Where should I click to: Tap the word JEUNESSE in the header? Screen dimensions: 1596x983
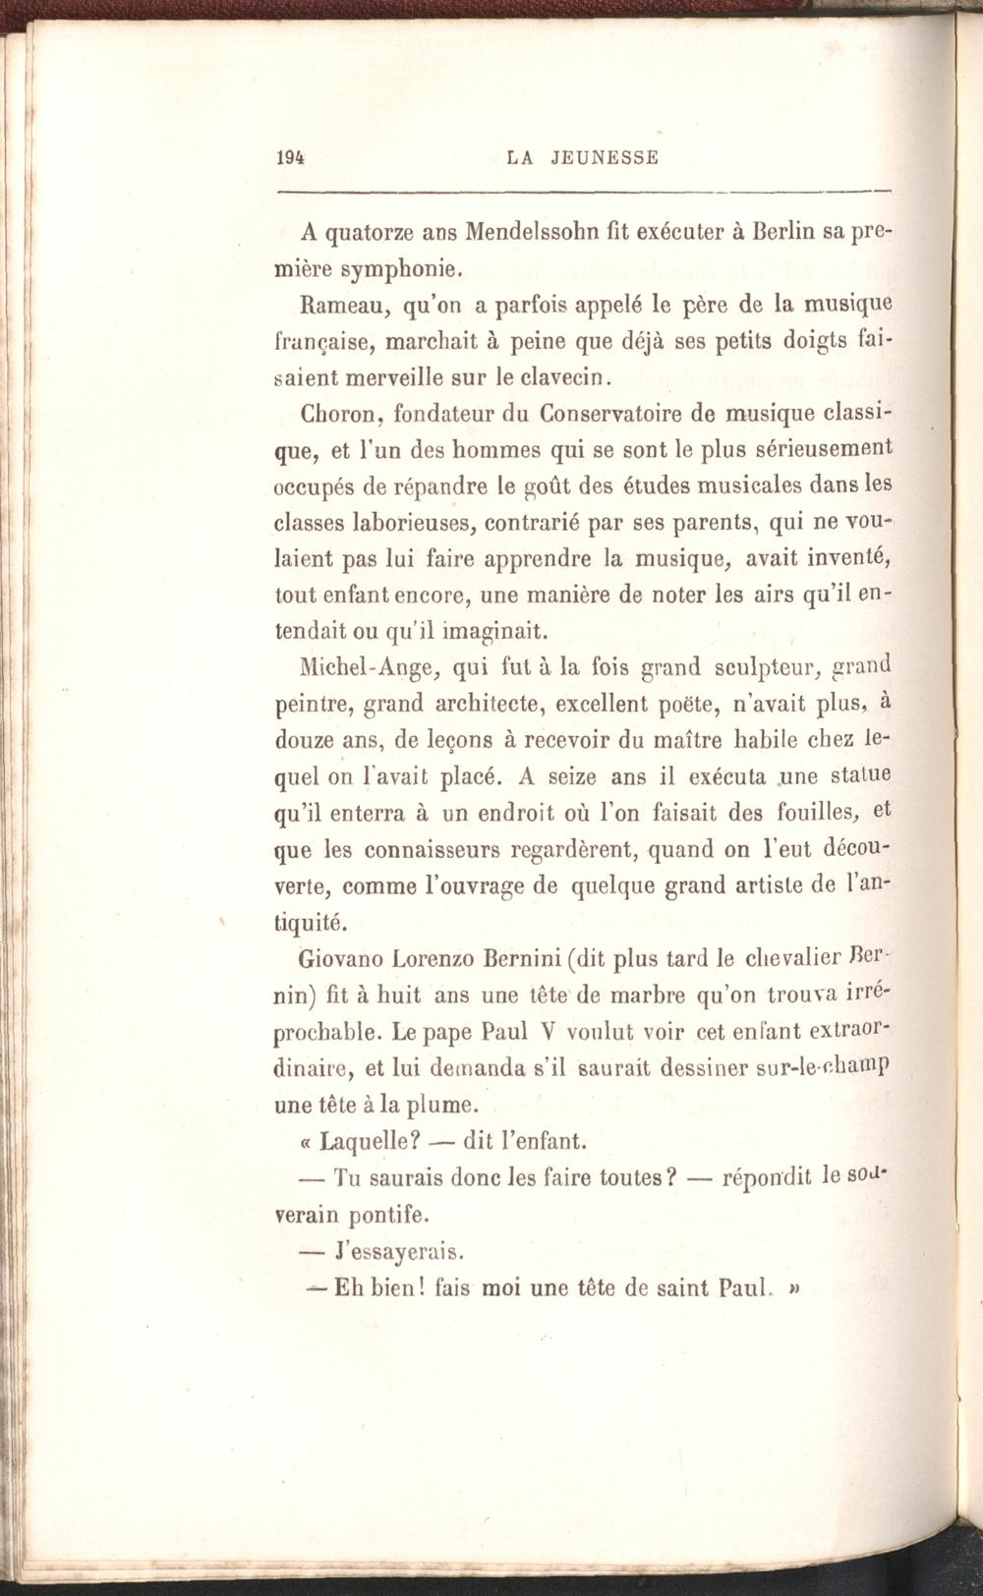pyautogui.click(x=603, y=157)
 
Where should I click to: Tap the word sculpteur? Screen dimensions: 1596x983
pyautogui.click(x=752, y=669)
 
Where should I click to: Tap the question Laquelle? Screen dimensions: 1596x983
pyautogui.click(x=374, y=1142)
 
